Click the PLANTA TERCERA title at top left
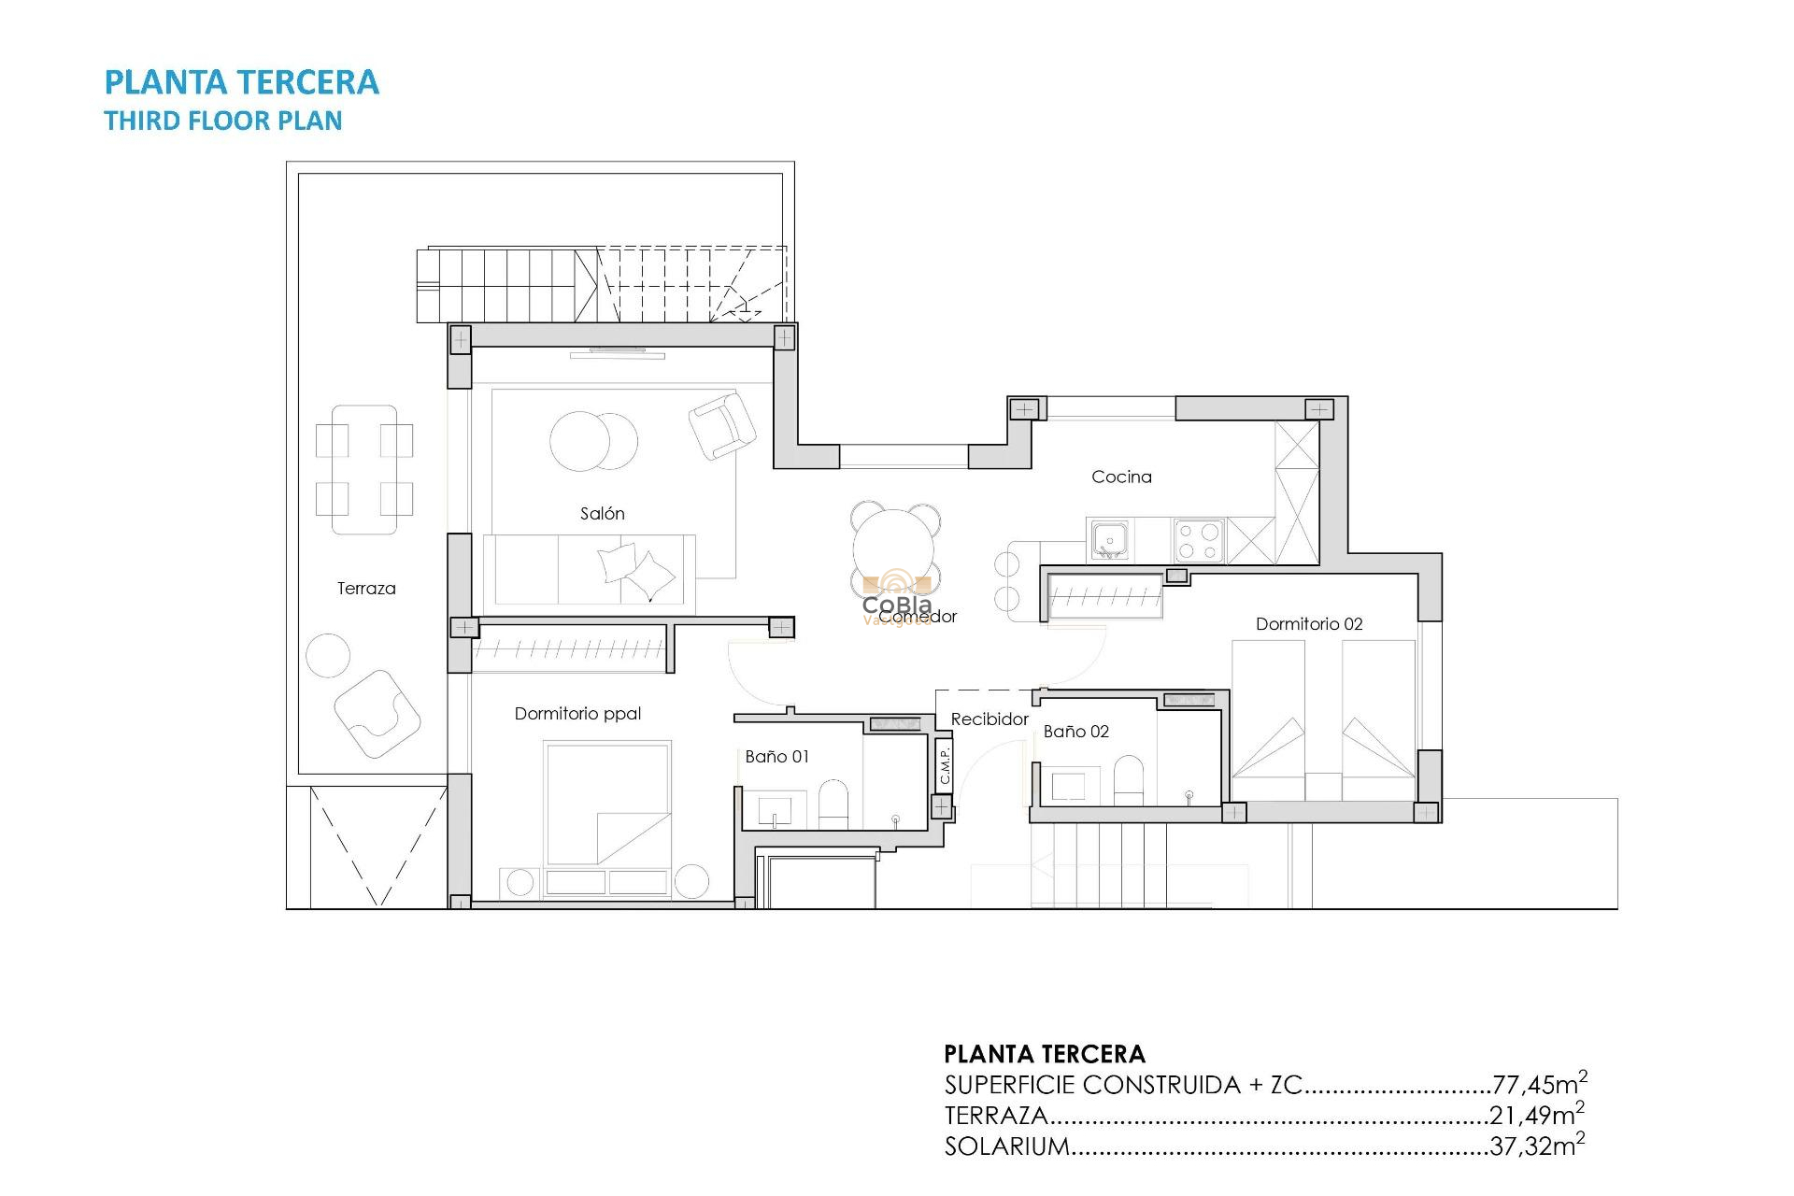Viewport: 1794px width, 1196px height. coord(241,82)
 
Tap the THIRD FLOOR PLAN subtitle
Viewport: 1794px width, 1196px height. coord(222,121)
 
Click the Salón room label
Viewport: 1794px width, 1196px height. coord(602,513)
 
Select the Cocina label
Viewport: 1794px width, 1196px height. coord(1121,477)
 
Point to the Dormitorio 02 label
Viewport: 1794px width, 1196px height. coord(1308,623)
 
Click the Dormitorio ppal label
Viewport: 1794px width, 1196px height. coord(577,713)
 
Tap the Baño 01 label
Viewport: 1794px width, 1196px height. coord(776,756)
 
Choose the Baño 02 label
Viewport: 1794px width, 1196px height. coord(1075,731)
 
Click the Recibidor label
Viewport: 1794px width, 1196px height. coord(989,719)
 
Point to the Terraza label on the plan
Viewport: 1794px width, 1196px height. coord(366,588)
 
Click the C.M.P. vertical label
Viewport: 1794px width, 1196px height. coord(945,764)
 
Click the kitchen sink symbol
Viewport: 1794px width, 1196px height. coord(1109,540)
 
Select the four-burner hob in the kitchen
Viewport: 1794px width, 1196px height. coord(1199,540)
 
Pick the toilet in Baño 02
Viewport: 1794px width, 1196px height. coord(1129,779)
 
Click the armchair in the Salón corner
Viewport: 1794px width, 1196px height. coord(722,425)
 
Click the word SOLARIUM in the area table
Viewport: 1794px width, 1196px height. coord(1006,1146)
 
